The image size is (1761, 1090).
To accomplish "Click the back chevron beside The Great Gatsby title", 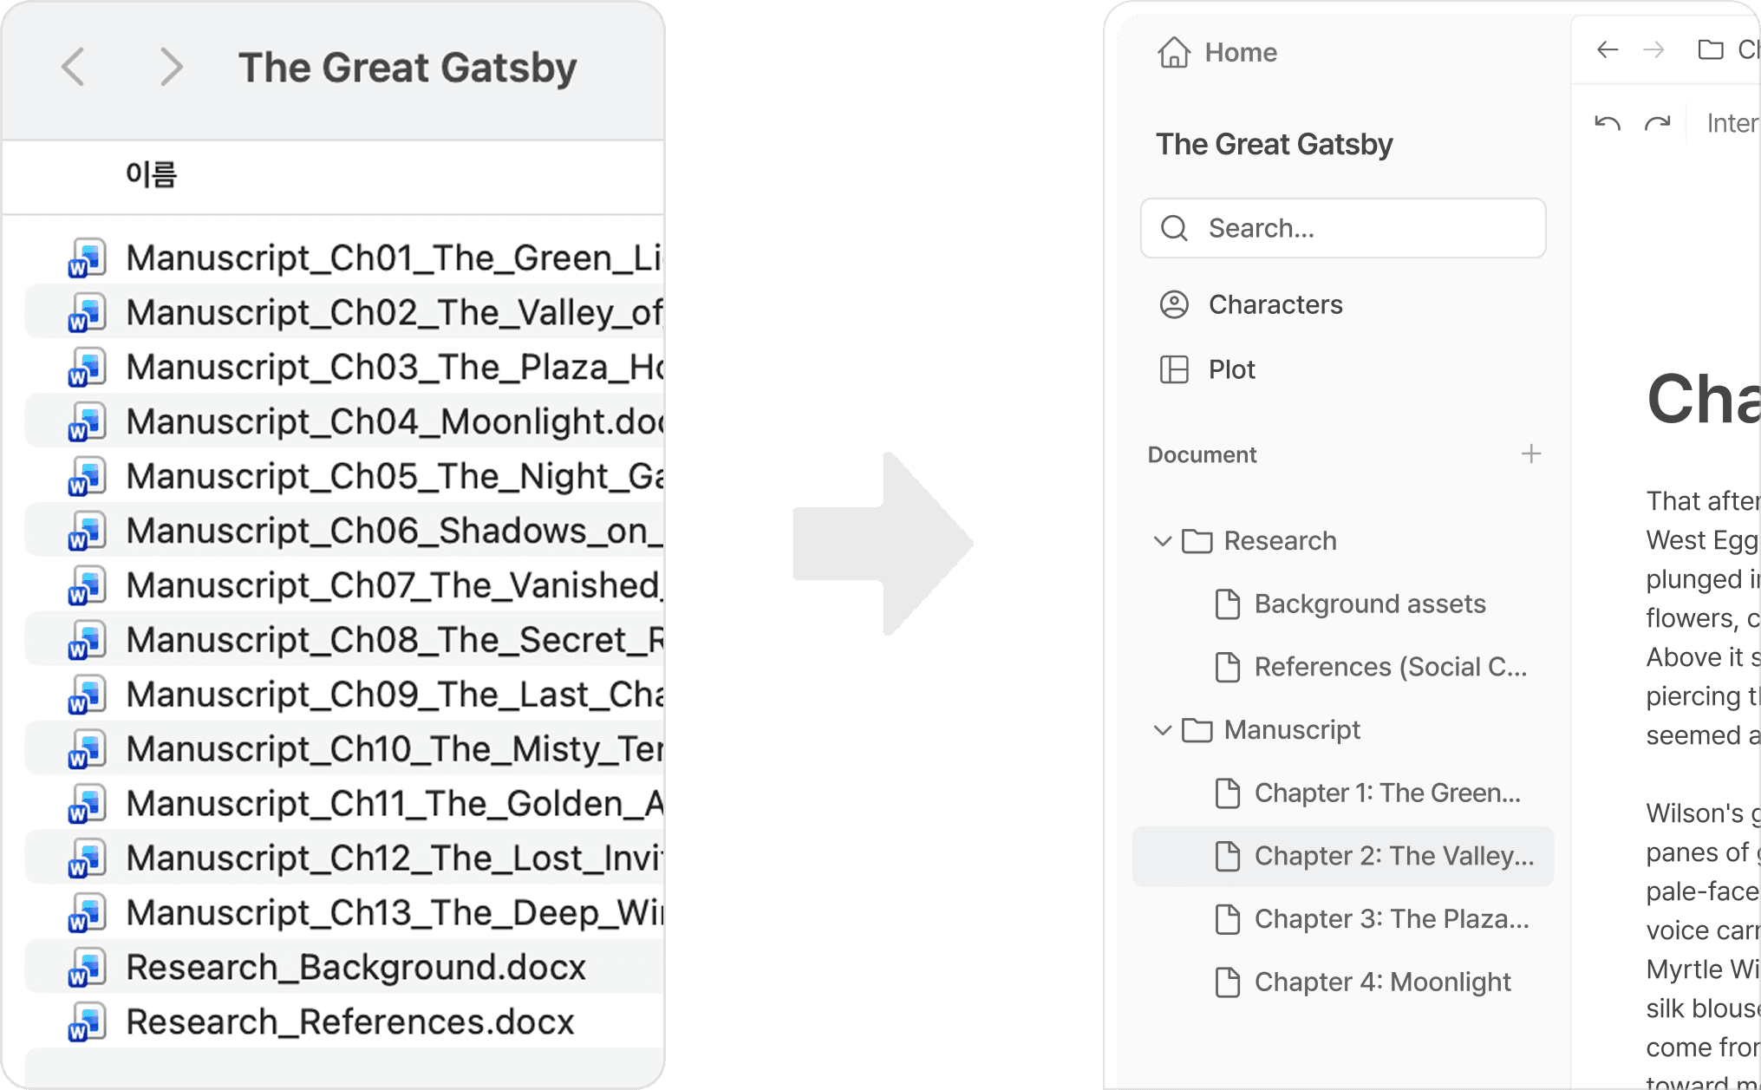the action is (x=74, y=67).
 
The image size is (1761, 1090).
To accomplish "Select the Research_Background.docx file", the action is (x=355, y=968).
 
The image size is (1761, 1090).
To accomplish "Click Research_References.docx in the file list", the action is (x=349, y=1022).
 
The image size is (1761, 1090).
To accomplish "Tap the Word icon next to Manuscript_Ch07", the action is (x=87, y=586).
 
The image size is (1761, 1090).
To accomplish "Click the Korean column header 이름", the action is (x=151, y=174).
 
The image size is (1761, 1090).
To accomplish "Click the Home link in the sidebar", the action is (x=1240, y=53).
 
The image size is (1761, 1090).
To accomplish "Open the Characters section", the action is (x=1275, y=305).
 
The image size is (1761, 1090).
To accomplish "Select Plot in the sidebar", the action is (x=1231, y=370).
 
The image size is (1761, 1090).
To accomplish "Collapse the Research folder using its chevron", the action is (x=1163, y=542).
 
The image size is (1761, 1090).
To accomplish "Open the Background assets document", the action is (x=1369, y=604).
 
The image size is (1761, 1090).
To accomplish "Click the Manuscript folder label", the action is (x=1291, y=730).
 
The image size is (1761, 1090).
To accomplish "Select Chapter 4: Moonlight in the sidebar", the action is (x=1382, y=982).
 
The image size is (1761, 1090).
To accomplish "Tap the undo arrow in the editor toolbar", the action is (x=1608, y=124).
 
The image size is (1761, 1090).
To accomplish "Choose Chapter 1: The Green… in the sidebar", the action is (x=1386, y=793).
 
